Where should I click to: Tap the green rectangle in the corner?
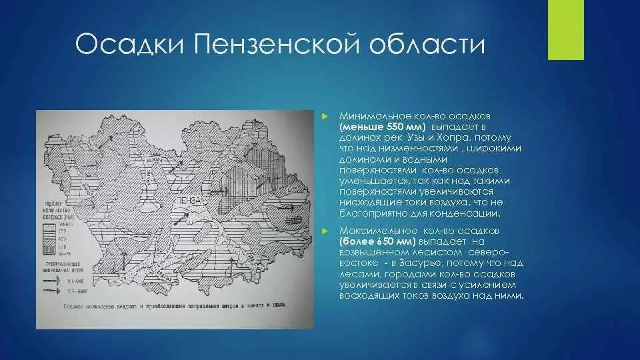click(x=565, y=30)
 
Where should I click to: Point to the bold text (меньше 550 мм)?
click(x=382, y=125)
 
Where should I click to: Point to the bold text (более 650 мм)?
click(x=377, y=240)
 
